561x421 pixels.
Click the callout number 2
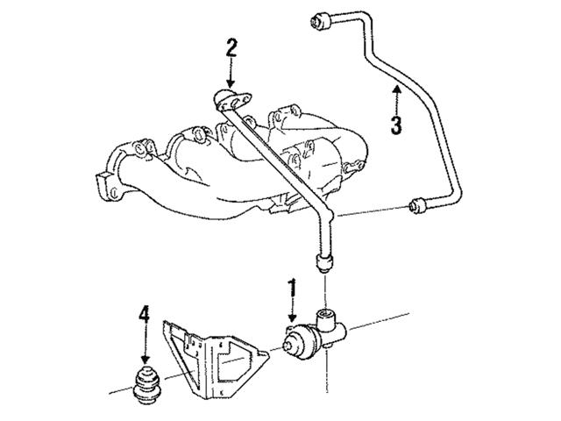click(x=231, y=47)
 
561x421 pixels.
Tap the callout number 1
click(x=294, y=287)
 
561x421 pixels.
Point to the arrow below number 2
click(x=231, y=75)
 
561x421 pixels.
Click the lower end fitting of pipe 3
click(x=419, y=207)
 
